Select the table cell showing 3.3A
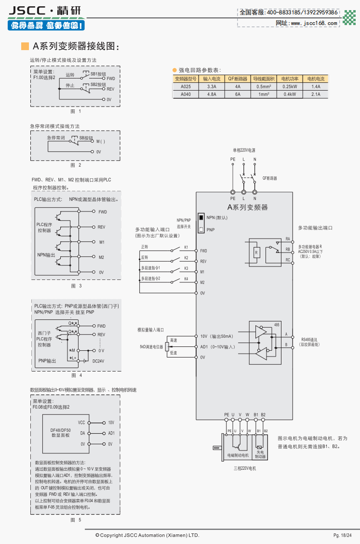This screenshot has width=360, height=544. coord(212,87)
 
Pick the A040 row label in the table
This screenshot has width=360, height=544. coord(186,94)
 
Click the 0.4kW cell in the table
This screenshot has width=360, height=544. coord(290,94)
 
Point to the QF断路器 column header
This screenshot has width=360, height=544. coord(238,79)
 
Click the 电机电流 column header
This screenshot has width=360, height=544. coord(316,79)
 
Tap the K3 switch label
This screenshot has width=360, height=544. coord(186,268)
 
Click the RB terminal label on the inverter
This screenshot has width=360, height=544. coord(288,250)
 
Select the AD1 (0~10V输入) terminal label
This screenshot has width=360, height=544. coord(217,347)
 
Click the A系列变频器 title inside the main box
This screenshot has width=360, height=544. coord(247,207)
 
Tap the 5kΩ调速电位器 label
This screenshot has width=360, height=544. coord(152,346)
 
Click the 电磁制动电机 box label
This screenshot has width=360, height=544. coord(238,455)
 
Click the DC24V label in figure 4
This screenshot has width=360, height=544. coord(99,361)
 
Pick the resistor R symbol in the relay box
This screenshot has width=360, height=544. coord(256,252)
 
